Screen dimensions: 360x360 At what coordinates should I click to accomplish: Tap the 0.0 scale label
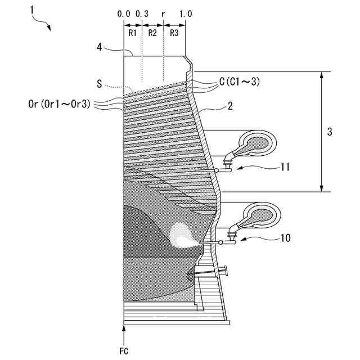(124, 12)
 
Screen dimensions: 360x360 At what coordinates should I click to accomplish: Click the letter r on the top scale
(163, 12)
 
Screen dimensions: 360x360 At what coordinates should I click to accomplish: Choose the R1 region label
(132, 33)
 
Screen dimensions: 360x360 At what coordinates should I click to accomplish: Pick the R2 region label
(152, 33)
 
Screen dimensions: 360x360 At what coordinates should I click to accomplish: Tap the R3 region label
(174, 33)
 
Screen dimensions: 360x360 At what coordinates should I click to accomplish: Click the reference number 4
(99, 47)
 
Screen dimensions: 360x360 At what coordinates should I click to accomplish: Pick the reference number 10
(286, 238)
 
